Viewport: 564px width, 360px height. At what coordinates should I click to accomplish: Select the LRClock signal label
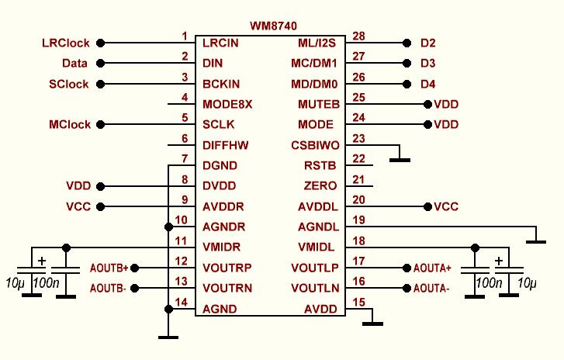[65, 43]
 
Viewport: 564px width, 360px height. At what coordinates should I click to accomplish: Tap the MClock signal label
[70, 124]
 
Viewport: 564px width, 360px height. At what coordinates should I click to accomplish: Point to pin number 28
[358, 36]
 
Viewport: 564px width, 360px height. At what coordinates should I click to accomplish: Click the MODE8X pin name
[227, 104]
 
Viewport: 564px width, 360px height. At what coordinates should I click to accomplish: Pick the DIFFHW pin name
[226, 145]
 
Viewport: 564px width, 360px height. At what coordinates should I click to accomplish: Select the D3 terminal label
[428, 63]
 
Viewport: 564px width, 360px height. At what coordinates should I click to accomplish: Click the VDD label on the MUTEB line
[447, 104]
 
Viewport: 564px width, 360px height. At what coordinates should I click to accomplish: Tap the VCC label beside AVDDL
[447, 206]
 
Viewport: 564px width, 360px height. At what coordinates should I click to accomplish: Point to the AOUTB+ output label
[109, 268]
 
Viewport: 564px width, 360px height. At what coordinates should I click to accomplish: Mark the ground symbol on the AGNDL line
[536, 241]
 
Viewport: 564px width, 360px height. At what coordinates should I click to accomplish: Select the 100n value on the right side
[490, 283]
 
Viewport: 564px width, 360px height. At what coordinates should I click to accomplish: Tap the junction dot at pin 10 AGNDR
[168, 227]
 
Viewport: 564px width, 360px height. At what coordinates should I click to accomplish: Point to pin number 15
[358, 303]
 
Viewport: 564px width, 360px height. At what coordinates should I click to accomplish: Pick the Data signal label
[74, 63]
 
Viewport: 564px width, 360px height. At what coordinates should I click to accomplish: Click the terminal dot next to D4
[406, 83]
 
